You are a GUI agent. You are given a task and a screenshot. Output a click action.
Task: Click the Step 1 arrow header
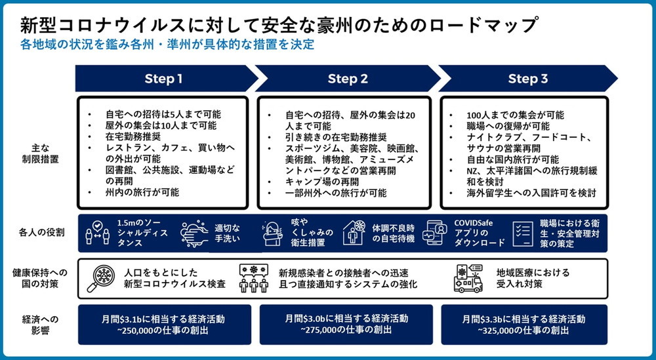click(164, 79)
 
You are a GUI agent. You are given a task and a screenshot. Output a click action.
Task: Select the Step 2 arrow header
click(348, 79)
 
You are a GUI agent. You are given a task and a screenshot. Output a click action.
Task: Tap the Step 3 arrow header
click(528, 79)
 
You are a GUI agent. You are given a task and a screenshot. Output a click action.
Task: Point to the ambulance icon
click(469, 278)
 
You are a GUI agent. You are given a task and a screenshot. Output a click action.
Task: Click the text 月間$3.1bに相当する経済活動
click(164, 319)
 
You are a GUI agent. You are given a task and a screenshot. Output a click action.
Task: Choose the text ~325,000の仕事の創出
click(527, 330)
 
